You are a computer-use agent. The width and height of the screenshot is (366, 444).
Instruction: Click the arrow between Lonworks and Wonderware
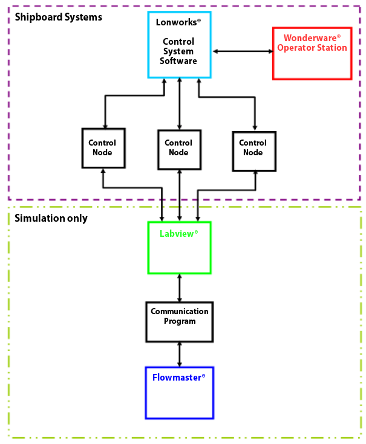coord(243,51)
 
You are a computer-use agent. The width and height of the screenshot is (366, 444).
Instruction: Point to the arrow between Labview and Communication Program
coord(180,288)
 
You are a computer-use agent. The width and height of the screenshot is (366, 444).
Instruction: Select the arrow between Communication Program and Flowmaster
coord(180,355)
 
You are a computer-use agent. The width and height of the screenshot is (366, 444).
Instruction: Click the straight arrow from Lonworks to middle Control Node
coord(180,104)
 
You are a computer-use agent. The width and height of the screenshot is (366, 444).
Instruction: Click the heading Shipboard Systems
coord(59,18)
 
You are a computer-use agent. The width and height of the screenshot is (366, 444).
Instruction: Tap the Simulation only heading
coord(51,218)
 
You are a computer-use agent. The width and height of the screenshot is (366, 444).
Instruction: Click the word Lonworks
coord(176,22)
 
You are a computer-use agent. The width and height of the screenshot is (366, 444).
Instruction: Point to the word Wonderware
coord(310,38)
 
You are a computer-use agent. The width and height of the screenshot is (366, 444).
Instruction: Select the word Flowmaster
coord(177,378)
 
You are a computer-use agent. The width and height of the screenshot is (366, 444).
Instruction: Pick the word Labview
coord(177,234)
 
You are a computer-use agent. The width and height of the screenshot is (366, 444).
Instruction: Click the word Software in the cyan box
coord(178,61)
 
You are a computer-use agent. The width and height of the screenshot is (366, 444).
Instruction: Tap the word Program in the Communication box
coord(180,321)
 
